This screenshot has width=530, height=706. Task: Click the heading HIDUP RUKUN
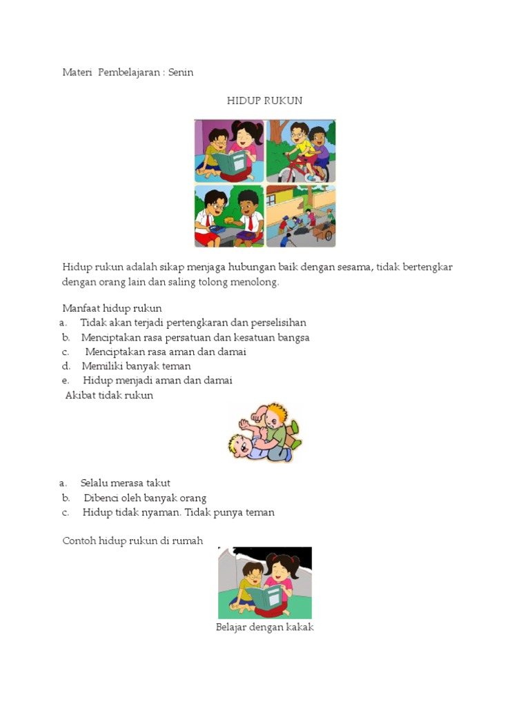click(264, 101)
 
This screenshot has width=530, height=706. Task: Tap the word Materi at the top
click(77, 72)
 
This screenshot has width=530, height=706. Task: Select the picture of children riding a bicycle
click(301, 151)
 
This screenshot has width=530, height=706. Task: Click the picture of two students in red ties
click(229, 216)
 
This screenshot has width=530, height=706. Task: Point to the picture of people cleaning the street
click(301, 216)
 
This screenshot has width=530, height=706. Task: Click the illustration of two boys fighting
click(265, 433)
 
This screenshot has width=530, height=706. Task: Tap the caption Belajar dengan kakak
click(265, 627)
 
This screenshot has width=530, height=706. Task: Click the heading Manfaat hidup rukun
click(112, 308)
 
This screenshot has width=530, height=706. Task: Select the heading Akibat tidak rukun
click(109, 395)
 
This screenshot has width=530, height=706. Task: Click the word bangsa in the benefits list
click(295, 337)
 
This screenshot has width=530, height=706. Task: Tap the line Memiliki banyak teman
click(136, 366)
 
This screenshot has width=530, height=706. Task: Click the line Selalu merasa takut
click(125, 483)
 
